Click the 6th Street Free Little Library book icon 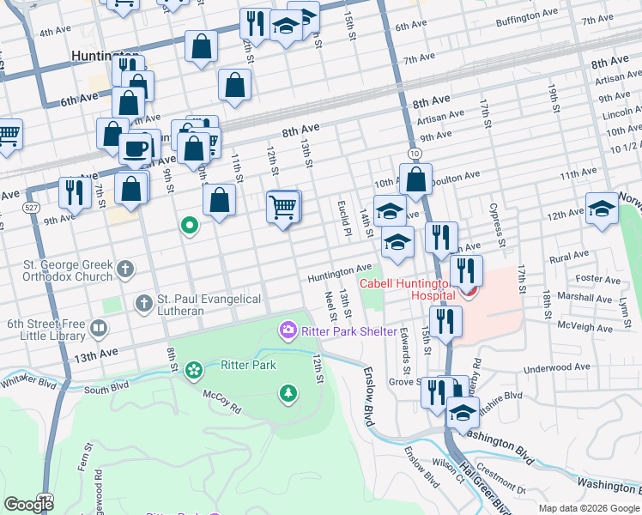click(x=100, y=329)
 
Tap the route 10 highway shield click(x=415, y=153)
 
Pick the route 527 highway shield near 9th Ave click(x=31, y=208)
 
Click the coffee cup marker click(x=135, y=148)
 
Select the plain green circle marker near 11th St click(x=190, y=226)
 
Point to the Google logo click(x=28, y=504)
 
